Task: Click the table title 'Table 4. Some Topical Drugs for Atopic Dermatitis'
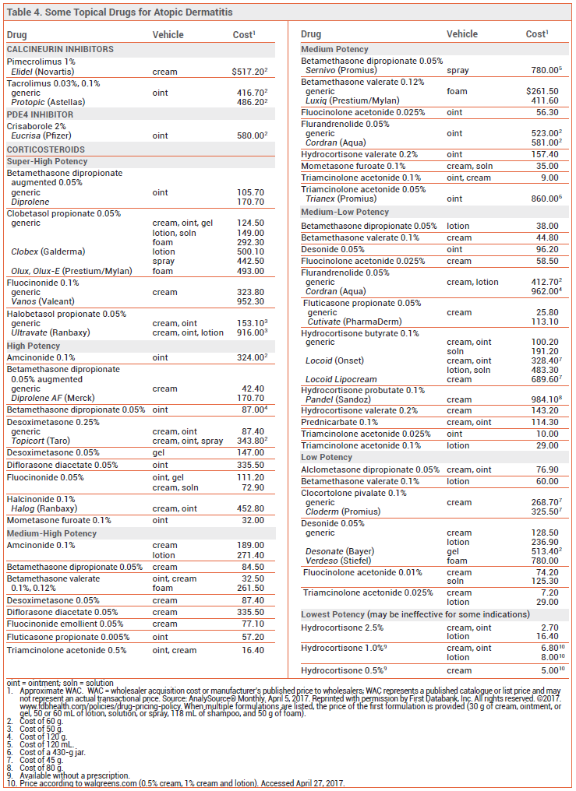pos(119,12)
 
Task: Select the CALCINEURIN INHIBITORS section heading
pos(60,50)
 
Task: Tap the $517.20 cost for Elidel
pos(249,72)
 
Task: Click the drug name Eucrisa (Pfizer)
pos(41,135)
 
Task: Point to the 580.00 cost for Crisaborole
pos(252,135)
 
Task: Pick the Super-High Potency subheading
pos(47,161)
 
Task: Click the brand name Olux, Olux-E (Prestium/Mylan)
pos(72,272)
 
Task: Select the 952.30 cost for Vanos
pos(250,301)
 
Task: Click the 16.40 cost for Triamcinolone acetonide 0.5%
pos(253,650)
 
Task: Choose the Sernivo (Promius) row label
pos(341,71)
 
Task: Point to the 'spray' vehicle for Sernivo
pos(458,71)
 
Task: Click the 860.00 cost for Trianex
pos(546,199)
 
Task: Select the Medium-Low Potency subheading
pos(345,212)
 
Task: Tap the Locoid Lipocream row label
pos(341,379)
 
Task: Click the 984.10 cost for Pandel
pos(546,399)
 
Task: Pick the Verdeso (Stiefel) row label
pos(338,561)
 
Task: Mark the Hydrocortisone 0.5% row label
pos(344,670)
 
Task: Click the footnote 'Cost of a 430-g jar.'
pos(52,752)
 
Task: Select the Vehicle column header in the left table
pos(168,35)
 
